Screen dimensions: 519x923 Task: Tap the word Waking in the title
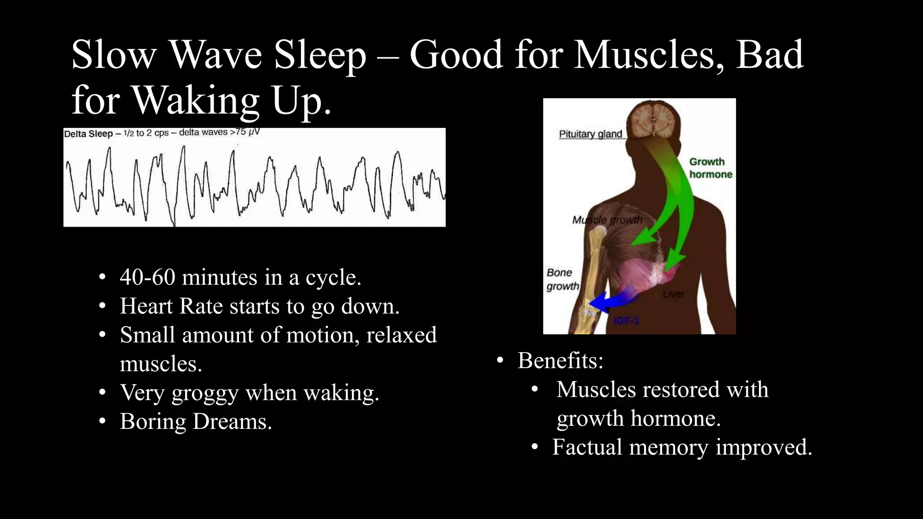click(196, 100)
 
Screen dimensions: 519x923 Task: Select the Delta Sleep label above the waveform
click(88, 134)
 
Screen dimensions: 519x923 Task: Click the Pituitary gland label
click(590, 134)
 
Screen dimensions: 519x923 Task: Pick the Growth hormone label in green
click(710, 168)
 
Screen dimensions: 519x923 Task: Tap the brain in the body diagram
click(652, 119)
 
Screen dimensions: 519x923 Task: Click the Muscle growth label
click(607, 220)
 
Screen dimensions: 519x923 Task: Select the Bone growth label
click(562, 279)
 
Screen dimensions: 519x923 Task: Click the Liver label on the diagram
click(673, 294)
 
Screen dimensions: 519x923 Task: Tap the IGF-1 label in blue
click(626, 321)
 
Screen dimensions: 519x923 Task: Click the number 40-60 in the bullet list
click(147, 277)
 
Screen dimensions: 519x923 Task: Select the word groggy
click(205, 393)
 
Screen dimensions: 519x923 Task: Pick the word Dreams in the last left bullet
click(232, 422)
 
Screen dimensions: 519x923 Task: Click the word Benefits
click(560, 360)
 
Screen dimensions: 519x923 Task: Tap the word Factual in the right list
click(587, 447)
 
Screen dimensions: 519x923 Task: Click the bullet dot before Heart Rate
click(102, 306)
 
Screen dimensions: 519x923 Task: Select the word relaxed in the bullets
click(401, 335)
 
